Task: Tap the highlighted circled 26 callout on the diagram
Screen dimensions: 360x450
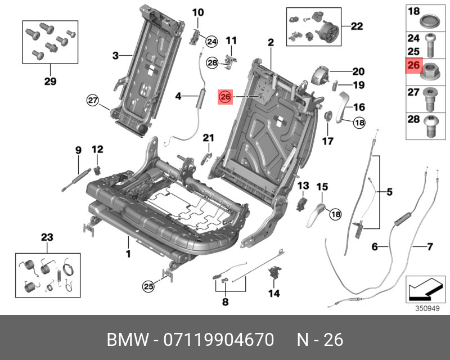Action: [226, 97]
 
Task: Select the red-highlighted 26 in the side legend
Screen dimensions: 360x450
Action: [413, 66]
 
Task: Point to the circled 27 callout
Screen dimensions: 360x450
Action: [92, 101]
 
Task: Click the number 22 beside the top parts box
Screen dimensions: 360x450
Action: [357, 25]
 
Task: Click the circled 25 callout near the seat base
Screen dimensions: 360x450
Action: [147, 286]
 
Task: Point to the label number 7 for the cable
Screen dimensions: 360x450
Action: [430, 247]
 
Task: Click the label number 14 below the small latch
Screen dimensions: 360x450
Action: [274, 293]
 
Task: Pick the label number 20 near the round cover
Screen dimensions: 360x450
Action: [358, 71]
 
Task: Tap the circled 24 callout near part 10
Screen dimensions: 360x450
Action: [211, 40]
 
